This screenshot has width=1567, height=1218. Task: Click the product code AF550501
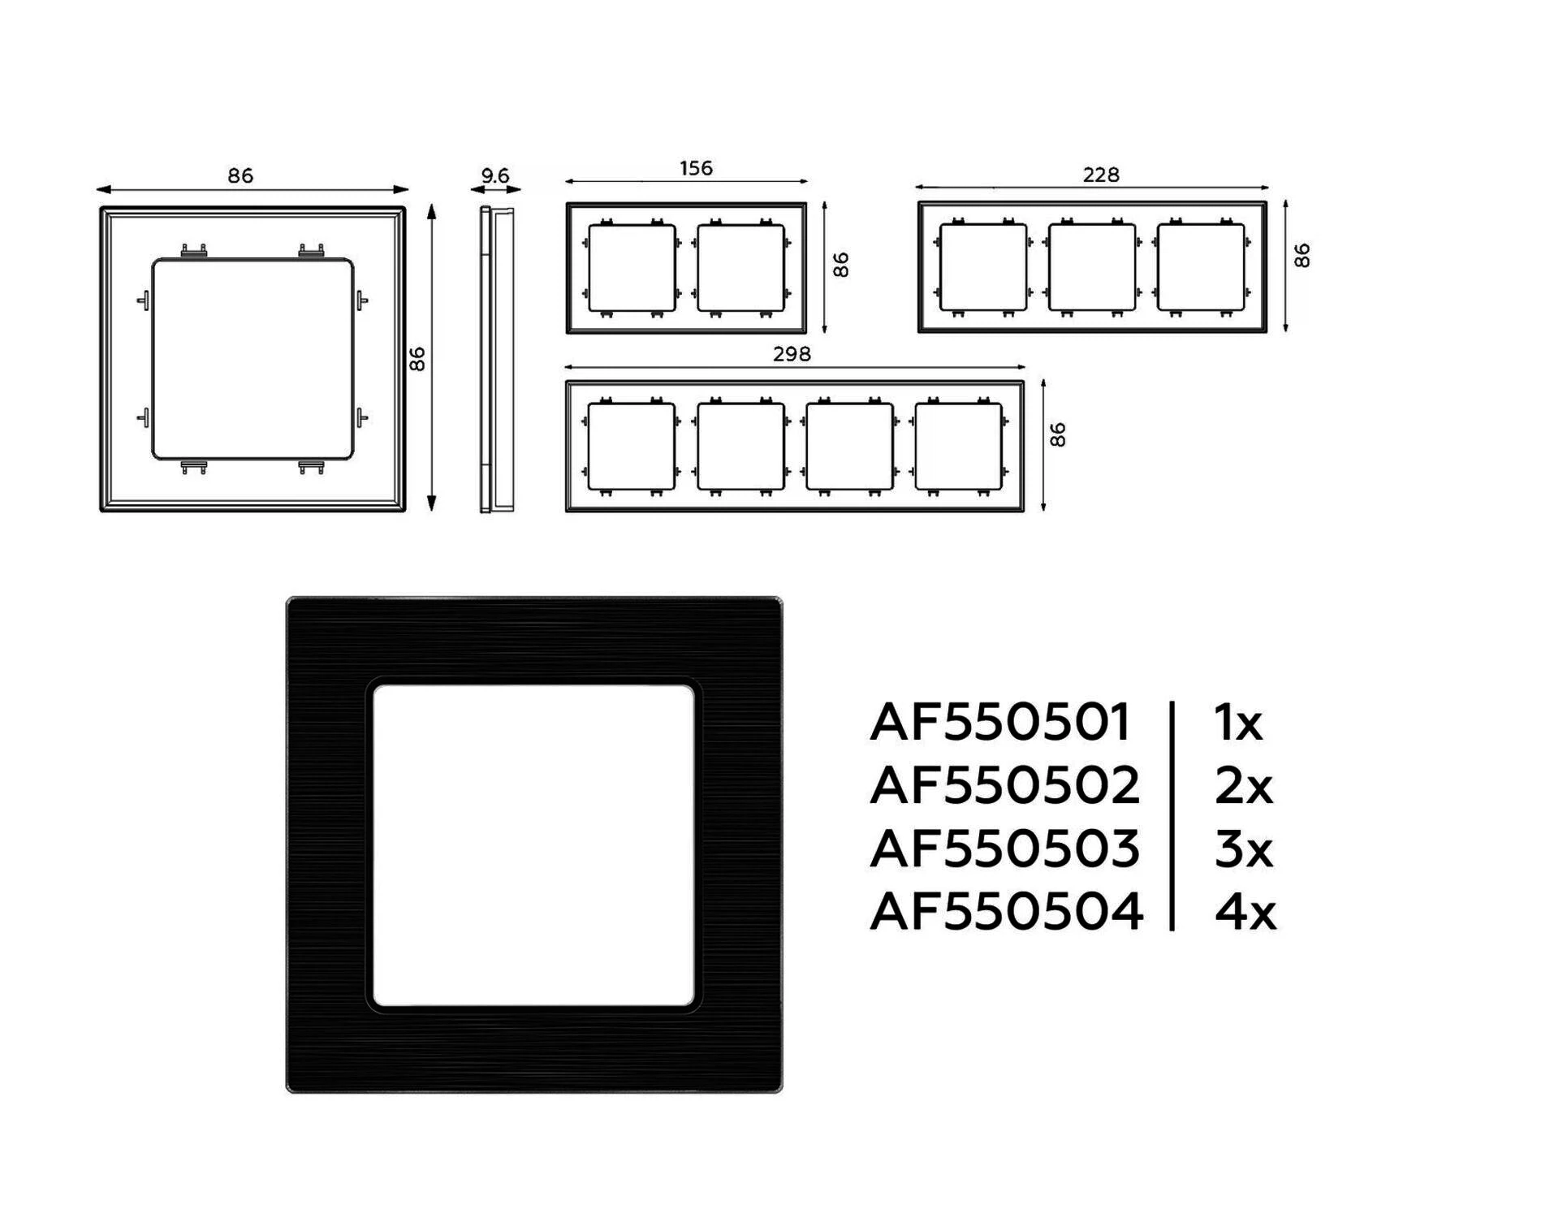point(999,722)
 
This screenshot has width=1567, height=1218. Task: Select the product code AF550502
point(1004,785)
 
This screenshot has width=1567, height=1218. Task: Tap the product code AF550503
point(1004,849)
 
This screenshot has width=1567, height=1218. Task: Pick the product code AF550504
point(1006,911)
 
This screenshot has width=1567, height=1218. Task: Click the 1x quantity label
point(1239,722)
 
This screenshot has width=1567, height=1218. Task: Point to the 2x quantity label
point(1244,785)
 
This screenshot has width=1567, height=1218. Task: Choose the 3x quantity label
point(1244,849)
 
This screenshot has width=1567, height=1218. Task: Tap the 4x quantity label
point(1245,911)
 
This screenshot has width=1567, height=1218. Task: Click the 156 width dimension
point(696,168)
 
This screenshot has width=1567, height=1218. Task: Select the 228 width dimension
point(1101,175)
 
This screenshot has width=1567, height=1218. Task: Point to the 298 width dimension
point(792,354)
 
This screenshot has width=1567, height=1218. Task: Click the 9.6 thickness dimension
point(495,175)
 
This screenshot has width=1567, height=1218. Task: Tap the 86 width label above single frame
point(240,175)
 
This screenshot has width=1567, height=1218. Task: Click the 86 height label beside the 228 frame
point(1302,256)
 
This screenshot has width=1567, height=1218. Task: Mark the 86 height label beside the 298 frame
point(1057,435)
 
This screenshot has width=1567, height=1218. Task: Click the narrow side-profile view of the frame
point(496,360)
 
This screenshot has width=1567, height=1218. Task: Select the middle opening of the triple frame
point(1092,268)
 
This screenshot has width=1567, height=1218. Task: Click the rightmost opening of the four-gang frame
point(959,447)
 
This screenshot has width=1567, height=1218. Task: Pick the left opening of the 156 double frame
point(632,268)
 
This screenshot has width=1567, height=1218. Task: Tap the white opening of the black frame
point(533,845)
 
